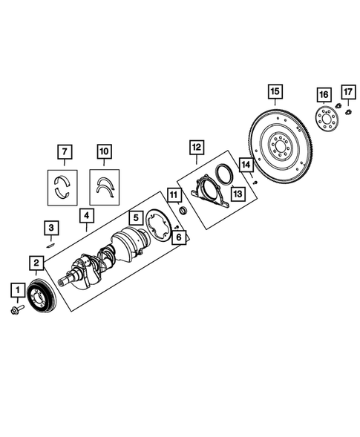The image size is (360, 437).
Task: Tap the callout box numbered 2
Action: pos(35,262)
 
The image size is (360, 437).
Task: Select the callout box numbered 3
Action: pos(50,227)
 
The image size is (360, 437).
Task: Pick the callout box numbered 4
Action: pos(87,217)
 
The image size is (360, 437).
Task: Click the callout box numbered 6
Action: pos(178,237)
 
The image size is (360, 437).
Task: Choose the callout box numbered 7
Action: pos(65,153)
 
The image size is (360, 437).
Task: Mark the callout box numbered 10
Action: pos(104,153)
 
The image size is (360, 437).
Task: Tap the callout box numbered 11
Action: pos(174,196)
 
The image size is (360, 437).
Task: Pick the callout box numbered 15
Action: pos(275,92)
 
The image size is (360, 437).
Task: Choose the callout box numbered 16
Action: pos(323,95)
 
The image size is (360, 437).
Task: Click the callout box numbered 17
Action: pos(347,92)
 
